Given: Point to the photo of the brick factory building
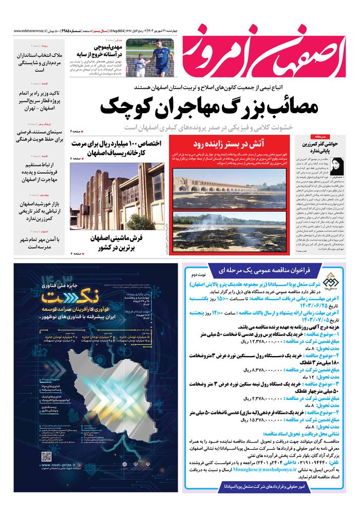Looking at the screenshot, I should tap(118, 195).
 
